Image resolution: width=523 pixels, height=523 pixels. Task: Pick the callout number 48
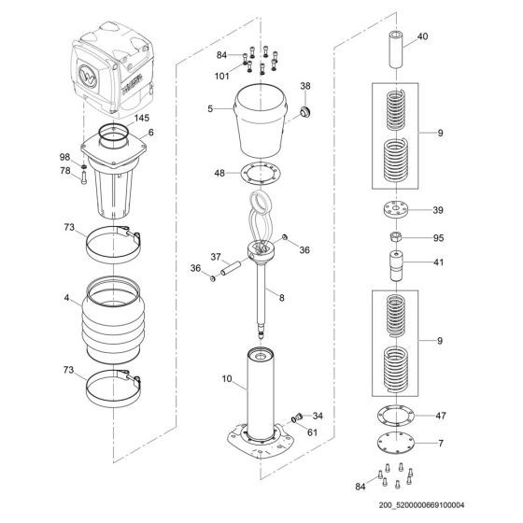click(x=219, y=174)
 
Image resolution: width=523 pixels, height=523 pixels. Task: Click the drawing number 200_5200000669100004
click(x=447, y=513)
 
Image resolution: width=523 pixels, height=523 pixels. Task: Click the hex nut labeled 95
click(x=396, y=238)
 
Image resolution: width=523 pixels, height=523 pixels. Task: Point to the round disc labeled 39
click(x=396, y=209)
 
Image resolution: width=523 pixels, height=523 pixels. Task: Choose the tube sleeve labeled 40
click(x=396, y=46)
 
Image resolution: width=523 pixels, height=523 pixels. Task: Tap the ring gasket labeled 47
click(x=396, y=414)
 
